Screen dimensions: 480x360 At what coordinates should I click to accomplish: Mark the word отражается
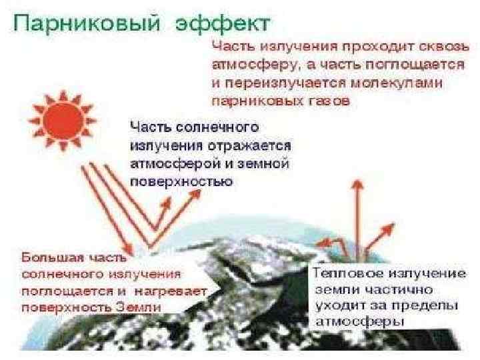pyautogui.click(x=252, y=145)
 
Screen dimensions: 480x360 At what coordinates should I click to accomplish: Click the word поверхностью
pyautogui.click(x=180, y=181)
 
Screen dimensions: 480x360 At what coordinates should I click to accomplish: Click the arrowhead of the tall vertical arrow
pyautogui.click(x=358, y=183)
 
